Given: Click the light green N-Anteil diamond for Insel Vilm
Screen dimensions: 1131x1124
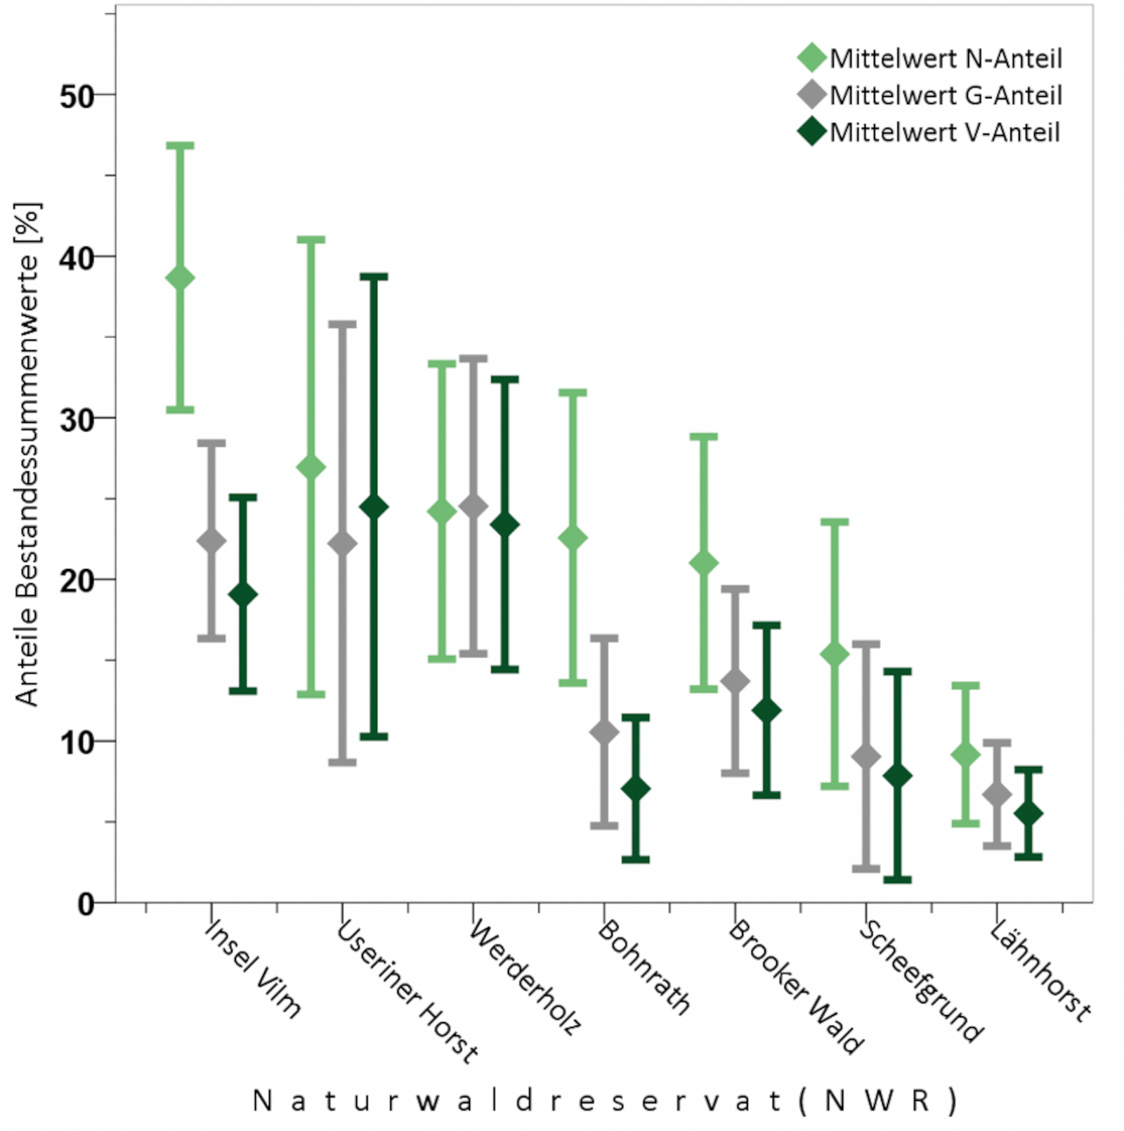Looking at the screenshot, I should [x=180, y=278].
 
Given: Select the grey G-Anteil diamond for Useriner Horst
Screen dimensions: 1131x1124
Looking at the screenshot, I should [x=342, y=543].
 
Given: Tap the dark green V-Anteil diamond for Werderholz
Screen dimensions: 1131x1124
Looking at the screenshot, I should [x=504, y=525].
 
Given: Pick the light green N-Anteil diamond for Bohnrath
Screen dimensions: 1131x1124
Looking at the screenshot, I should [x=573, y=538].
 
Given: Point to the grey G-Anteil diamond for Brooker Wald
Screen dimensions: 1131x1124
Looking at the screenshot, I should [x=735, y=681].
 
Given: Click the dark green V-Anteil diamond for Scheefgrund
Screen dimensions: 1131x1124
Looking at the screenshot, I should [x=897, y=776].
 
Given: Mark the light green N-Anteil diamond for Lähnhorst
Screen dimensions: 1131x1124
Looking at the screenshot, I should [x=965, y=755].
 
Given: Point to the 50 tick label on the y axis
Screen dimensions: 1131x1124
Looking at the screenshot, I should [x=77, y=97].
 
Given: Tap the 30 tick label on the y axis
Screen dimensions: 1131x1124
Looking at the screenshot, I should [x=77, y=420].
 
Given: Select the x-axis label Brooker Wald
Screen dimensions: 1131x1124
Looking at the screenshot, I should [x=796, y=987].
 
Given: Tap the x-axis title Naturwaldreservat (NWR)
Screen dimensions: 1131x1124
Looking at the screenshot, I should [x=604, y=1101].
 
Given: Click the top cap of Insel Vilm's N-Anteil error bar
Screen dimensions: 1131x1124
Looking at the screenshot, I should [x=180, y=146].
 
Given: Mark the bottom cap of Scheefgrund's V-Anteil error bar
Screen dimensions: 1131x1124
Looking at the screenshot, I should [x=897, y=880].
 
